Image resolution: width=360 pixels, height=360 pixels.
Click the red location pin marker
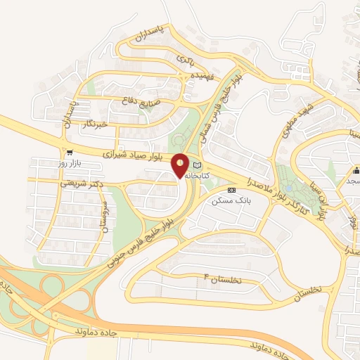pos(181,165)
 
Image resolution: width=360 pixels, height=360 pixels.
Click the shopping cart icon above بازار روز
pos(69,152)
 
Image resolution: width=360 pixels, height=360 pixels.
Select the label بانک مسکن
pos(232,200)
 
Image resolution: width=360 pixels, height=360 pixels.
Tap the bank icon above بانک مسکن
pos(231,190)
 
